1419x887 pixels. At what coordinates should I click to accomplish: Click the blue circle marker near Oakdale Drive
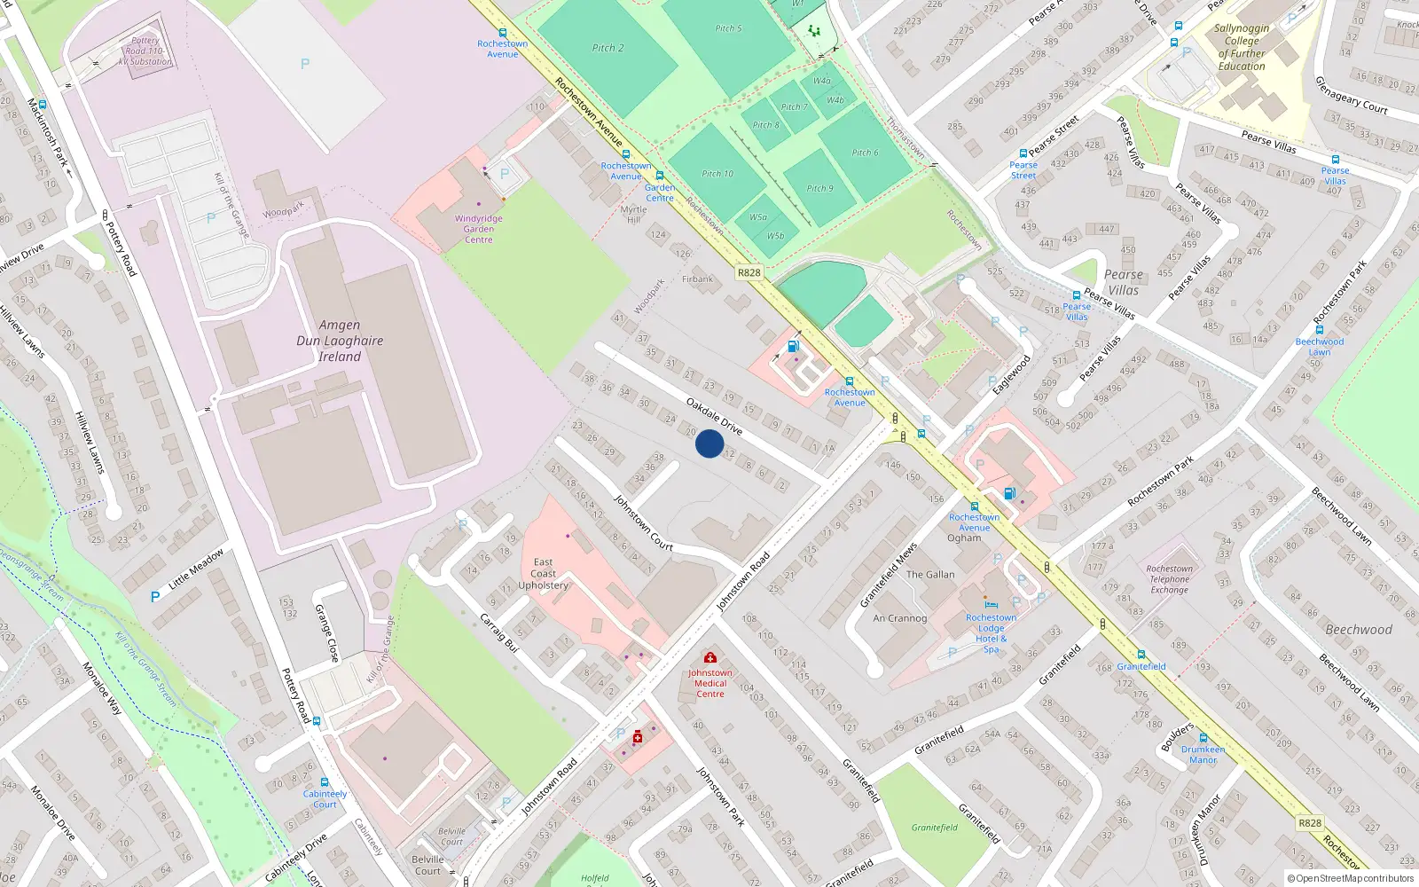coord(709,443)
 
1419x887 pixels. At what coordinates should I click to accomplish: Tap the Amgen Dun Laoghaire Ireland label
coord(340,341)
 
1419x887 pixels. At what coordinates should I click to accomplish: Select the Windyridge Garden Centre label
coord(478,229)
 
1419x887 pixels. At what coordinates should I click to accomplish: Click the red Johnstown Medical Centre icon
coord(710,657)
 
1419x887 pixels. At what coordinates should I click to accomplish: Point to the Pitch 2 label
coord(608,48)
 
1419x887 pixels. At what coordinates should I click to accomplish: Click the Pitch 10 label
coord(717,174)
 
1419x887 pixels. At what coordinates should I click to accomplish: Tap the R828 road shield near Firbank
coord(749,272)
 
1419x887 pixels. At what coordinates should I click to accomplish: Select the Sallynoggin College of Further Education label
coord(1242,47)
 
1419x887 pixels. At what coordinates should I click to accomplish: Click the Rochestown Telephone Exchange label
coord(1169,579)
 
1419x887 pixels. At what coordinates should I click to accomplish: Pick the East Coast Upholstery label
coord(543,573)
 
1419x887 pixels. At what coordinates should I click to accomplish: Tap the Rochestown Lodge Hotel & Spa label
coord(991,633)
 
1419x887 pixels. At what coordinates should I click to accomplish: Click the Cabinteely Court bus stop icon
coord(325,782)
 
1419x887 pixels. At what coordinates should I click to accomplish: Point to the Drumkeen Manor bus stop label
coord(1203,754)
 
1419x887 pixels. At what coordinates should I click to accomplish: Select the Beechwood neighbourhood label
coord(1358,630)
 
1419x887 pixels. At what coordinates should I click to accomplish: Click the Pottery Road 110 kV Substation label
coord(146,51)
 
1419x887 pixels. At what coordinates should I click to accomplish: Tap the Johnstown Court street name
coord(644,524)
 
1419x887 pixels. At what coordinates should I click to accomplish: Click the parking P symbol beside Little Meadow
coord(155,597)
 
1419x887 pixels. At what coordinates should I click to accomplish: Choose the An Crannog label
coord(899,618)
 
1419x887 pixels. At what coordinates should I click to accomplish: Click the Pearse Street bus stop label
coord(1023,169)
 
